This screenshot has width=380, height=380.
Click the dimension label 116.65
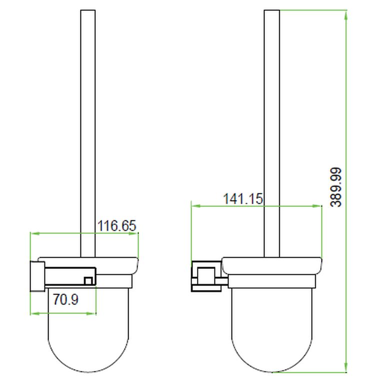(116, 225)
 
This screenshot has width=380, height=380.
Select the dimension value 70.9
(65, 300)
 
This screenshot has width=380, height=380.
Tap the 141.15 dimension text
(242, 198)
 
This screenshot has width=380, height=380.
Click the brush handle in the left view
(87, 125)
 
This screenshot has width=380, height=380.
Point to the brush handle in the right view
(271, 125)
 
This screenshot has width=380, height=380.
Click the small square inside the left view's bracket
(88, 281)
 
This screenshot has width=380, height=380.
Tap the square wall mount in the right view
(204, 275)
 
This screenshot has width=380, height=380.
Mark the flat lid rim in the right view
(271, 265)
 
